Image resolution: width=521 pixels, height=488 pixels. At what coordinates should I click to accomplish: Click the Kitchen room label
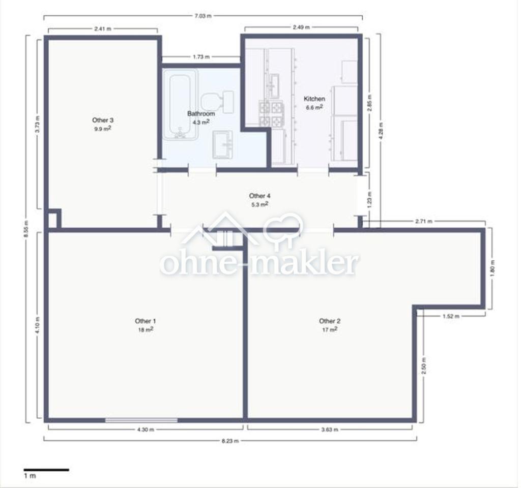(x=314, y=99)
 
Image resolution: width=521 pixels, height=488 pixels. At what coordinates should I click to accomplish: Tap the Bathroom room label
(x=201, y=113)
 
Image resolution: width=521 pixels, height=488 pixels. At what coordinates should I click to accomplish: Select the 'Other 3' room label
(x=103, y=120)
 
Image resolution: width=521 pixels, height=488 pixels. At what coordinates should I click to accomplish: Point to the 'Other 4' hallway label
(x=259, y=196)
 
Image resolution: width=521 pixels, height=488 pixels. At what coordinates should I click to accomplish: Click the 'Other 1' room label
(x=145, y=321)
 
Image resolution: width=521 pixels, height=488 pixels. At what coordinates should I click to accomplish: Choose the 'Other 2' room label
(x=330, y=321)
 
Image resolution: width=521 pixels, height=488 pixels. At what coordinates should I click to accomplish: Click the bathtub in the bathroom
(x=181, y=106)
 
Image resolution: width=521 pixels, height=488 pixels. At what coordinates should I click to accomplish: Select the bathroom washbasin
(x=222, y=144)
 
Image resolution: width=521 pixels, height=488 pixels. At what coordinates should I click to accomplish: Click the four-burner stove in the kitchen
(x=271, y=114)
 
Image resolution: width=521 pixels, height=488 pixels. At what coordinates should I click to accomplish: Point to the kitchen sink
(x=274, y=85)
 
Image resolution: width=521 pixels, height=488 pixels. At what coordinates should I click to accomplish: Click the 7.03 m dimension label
(x=202, y=16)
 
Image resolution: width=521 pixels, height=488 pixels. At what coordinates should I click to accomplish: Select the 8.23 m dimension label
(x=230, y=441)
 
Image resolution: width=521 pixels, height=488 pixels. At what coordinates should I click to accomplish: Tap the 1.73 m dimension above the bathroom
(x=201, y=57)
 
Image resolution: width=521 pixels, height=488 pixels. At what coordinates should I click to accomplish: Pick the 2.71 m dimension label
(x=424, y=221)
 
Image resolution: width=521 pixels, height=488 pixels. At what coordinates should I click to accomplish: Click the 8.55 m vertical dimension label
(x=26, y=229)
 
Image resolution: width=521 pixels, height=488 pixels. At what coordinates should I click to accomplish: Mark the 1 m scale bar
(x=46, y=470)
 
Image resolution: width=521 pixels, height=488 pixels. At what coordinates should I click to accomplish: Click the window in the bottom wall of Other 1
(x=141, y=420)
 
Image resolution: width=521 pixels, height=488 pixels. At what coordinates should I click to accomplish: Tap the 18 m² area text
(x=146, y=329)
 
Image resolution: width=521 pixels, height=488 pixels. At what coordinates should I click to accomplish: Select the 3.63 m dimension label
(x=330, y=430)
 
